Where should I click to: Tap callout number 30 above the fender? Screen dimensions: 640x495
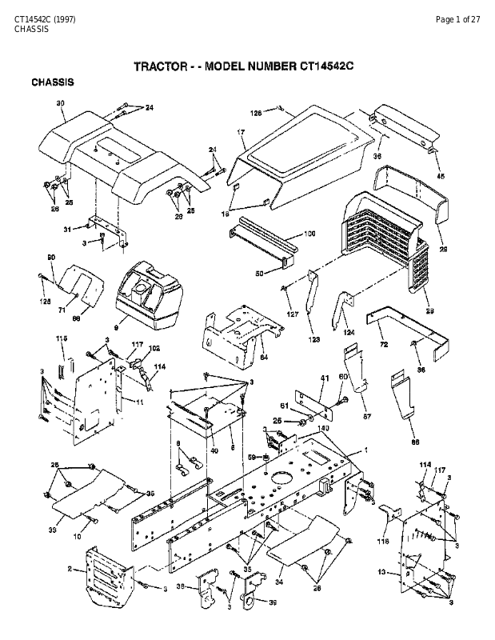(60, 104)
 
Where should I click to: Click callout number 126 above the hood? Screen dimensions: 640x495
(255, 113)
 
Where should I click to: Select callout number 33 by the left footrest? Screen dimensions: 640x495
(54, 530)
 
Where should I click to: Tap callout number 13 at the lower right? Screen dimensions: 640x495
(381, 571)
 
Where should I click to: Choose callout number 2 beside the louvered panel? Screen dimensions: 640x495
(70, 569)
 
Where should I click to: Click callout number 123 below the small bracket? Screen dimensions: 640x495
(314, 339)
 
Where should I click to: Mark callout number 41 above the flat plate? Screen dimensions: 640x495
(325, 378)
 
